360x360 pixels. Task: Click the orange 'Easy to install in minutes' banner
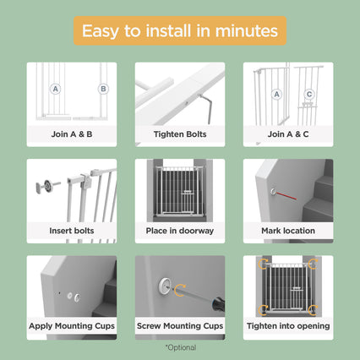point(180,30)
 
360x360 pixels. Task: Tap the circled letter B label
point(103,89)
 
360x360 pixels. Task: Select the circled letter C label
point(309,94)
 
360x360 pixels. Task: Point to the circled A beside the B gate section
point(56,89)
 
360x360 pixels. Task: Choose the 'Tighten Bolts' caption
point(180,134)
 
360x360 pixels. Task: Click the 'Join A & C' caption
point(288,134)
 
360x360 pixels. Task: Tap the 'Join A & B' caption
point(72,134)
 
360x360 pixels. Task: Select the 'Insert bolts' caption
point(72,231)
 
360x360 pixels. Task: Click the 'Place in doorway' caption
point(180,231)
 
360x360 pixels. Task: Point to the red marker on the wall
point(286,195)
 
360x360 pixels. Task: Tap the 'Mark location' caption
point(288,231)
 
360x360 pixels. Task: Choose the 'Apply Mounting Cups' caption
point(72,326)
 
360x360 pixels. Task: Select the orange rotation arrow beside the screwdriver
point(180,290)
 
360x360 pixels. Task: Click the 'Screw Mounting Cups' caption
point(180,326)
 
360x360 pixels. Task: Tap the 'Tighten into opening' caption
point(288,326)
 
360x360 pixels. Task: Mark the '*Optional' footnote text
point(181,347)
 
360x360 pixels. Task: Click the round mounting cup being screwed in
point(165,286)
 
